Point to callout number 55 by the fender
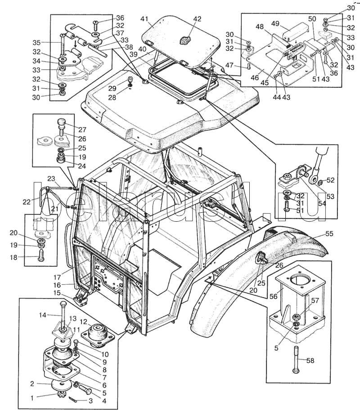329,234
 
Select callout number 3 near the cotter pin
90,400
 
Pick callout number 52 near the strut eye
331,180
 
